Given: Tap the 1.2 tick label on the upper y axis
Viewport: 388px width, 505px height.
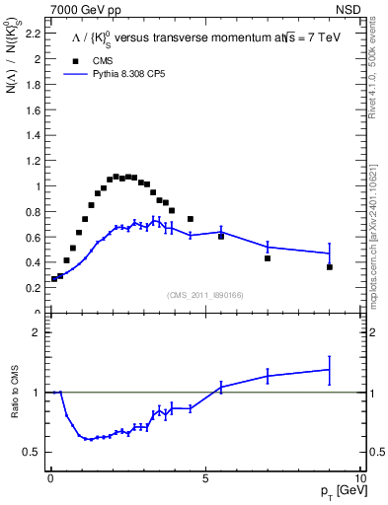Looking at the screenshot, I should point(32,161).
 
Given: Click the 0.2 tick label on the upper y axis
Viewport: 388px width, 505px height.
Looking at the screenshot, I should point(32,288).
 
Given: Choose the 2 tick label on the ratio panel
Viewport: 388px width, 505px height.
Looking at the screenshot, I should point(36,332).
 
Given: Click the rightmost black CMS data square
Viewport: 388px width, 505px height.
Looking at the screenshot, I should point(330,267).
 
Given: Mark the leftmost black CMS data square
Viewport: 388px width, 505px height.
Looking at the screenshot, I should point(54,279).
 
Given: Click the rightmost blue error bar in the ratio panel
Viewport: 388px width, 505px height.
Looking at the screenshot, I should point(330,370).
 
